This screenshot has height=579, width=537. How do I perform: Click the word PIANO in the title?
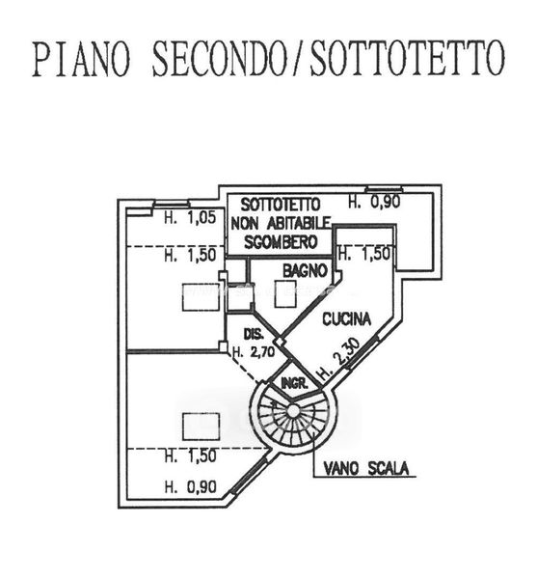click(82, 58)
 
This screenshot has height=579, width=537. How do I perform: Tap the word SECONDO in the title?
click(220, 58)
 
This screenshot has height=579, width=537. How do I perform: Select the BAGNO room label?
click(306, 271)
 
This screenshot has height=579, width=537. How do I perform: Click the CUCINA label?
click(346, 319)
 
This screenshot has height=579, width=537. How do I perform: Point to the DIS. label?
click(254, 334)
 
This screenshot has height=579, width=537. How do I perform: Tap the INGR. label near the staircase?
click(295, 383)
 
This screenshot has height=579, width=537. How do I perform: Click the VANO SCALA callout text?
click(366, 469)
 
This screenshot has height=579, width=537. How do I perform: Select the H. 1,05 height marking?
click(190, 217)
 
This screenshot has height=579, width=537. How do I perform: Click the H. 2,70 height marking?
click(254, 352)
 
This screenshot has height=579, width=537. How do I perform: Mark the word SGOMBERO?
click(282, 242)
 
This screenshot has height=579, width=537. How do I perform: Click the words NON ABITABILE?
click(282, 223)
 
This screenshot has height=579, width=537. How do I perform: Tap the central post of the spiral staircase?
click(292, 411)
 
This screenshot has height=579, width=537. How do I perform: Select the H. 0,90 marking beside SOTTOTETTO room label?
click(374, 202)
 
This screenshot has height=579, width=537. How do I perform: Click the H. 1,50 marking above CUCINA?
click(364, 254)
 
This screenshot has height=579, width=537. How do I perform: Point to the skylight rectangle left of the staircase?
click(201, 427)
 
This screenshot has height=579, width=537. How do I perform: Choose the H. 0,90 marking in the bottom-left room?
click(190, 486)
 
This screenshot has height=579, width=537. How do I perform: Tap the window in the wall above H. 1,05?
click(171, 204)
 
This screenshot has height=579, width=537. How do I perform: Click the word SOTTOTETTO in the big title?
click(407, 58)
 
